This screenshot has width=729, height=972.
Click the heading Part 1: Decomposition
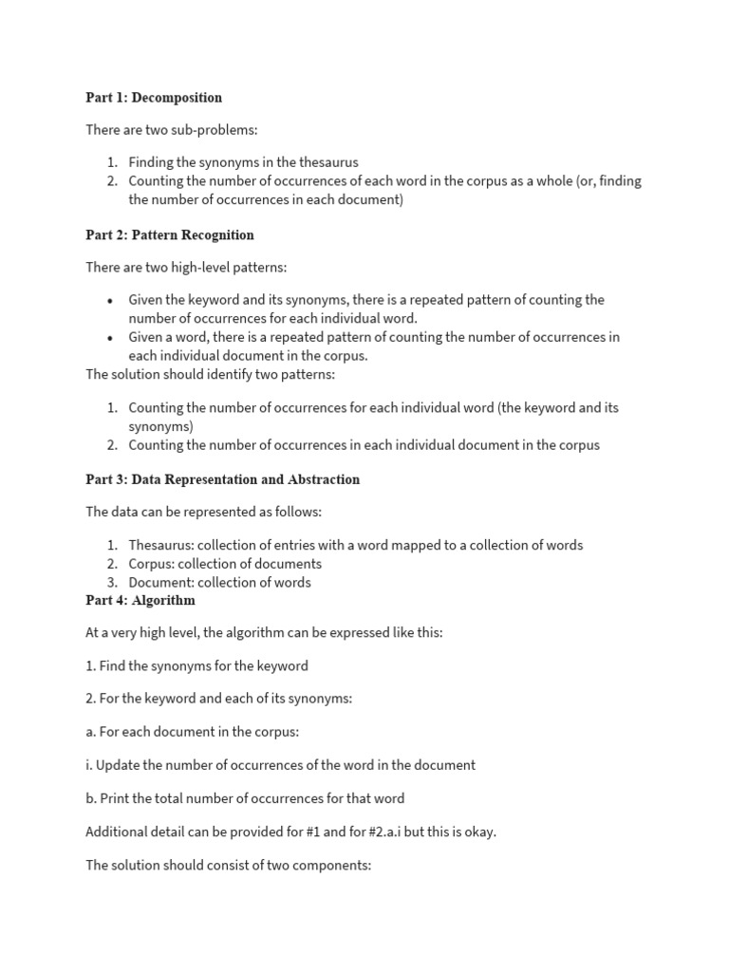[154, 98]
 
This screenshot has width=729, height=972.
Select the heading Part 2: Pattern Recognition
[170, 234]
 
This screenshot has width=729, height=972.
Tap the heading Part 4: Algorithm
[140, 600]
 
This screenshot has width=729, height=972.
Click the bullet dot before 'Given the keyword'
[110, 300]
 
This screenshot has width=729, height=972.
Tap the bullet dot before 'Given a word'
[110, 337]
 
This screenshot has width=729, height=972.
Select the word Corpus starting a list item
[151, 564]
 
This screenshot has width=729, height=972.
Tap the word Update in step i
[120, 764]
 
